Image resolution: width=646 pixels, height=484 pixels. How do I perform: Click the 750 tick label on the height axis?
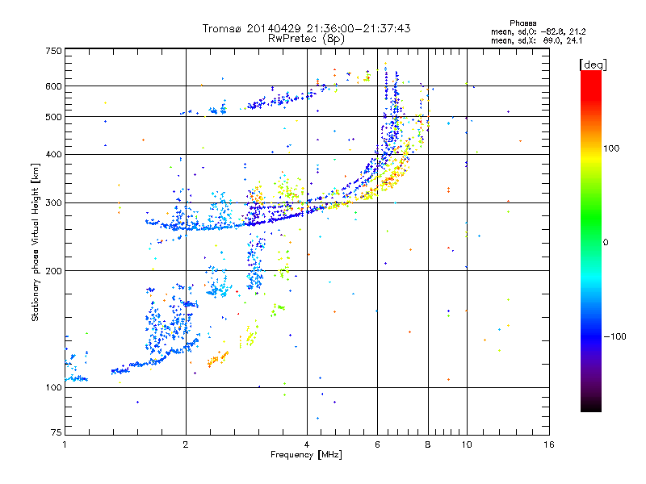point(53,51)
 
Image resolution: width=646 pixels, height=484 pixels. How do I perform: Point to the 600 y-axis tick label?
point(53,86)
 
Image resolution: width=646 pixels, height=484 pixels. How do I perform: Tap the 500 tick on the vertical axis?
point(53,117)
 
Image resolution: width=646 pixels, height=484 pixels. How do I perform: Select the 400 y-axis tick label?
point(53,154)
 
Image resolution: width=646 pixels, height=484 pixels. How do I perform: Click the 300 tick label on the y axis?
point(53,202)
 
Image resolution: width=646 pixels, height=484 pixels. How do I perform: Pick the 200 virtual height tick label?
point(53,271)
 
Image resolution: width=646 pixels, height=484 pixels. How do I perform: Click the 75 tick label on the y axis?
point(56,433)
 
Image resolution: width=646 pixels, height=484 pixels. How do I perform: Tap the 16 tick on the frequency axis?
point(548,444)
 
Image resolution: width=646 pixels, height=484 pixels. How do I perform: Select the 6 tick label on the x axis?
point(377,444)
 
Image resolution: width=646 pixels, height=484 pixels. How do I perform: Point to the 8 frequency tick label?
point(428,444)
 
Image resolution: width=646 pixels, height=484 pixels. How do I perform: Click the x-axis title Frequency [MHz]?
point(307,455)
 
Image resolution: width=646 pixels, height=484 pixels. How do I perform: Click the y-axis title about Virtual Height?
point(36,242)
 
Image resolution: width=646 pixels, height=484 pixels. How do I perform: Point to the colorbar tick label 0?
point(606,242)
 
